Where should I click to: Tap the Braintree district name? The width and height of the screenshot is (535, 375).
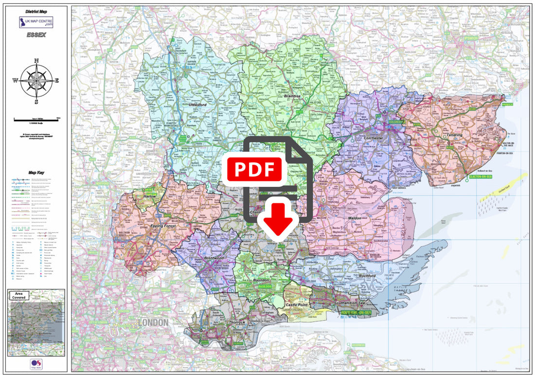[293, 96]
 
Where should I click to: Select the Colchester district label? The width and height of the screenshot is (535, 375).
[373, 138]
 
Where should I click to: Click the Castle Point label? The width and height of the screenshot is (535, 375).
[296, 304]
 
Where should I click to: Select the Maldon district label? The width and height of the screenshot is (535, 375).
[355, 218]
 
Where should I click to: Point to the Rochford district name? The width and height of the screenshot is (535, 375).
[367, 276]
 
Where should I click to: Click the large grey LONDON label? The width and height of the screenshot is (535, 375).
[153, 322]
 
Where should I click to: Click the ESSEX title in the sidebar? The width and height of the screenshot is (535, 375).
[36, 35]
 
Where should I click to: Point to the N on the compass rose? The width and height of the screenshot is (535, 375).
[36, 61]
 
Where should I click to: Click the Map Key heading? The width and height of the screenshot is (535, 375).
[36, 172]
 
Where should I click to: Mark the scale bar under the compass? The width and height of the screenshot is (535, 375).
[36, 119]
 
